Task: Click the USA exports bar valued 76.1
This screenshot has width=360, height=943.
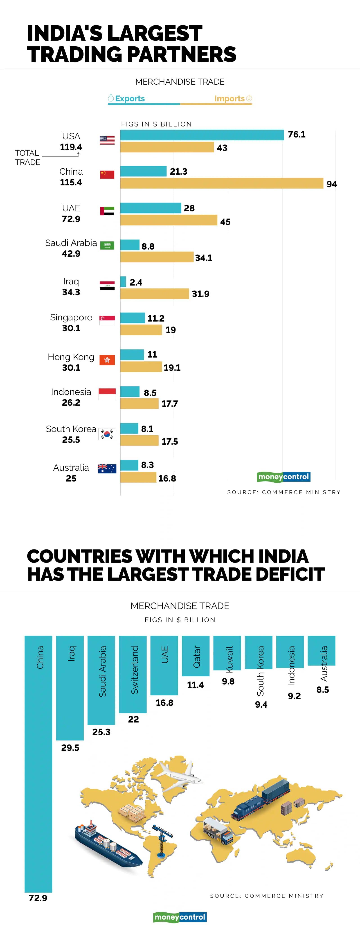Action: tap(202, 135)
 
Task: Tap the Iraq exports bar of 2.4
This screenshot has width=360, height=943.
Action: tap(123, 281)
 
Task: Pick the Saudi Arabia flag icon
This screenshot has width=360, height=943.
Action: tap(107, 245)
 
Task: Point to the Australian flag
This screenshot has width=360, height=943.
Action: tap(107, 468)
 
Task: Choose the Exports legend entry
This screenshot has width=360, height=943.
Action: tap(126, 99)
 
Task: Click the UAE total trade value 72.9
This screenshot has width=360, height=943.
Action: tap(71, 219)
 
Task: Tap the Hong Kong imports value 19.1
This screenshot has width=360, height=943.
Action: tap(172, 367)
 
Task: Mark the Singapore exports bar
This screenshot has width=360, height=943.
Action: tap(133, 318)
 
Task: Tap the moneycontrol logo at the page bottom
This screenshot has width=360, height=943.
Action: tap(180, 917)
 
